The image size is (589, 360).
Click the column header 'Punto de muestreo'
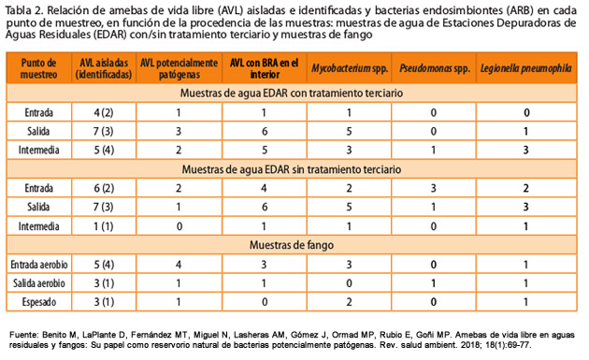39,68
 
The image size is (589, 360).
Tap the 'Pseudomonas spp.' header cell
433,68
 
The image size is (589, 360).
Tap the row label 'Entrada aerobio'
39,265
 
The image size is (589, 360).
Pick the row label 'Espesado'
39,300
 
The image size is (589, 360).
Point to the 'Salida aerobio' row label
39,282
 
